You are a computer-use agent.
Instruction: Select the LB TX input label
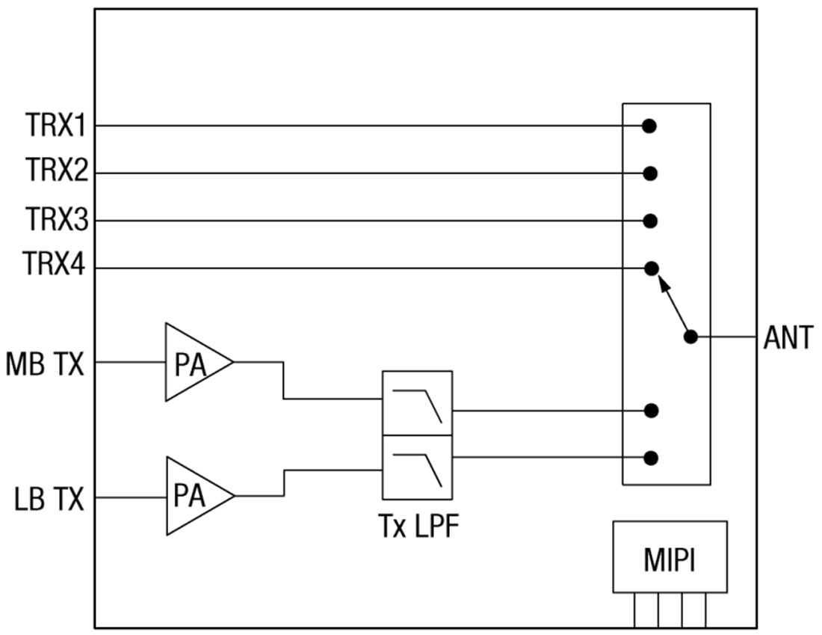coord(49,499)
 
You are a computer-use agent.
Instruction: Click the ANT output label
coord(788,338)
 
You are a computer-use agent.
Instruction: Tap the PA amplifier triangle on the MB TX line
coord(192,363)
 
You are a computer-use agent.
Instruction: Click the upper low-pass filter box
coord(417,403)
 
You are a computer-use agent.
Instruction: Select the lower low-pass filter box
coord(417,467)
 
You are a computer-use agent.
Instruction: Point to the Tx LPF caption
coord(417,527)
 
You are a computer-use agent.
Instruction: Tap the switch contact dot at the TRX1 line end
coord(649,126)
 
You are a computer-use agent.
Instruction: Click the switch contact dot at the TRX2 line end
coord(650,174)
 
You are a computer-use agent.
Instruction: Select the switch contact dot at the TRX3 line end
coord(650,221)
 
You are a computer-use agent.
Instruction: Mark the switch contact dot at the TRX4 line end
coord(651,267)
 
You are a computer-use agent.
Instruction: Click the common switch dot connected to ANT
coord(690,337)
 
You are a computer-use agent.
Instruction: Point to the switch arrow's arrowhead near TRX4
coord(661,281)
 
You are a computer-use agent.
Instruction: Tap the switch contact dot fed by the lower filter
coord(651,457)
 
